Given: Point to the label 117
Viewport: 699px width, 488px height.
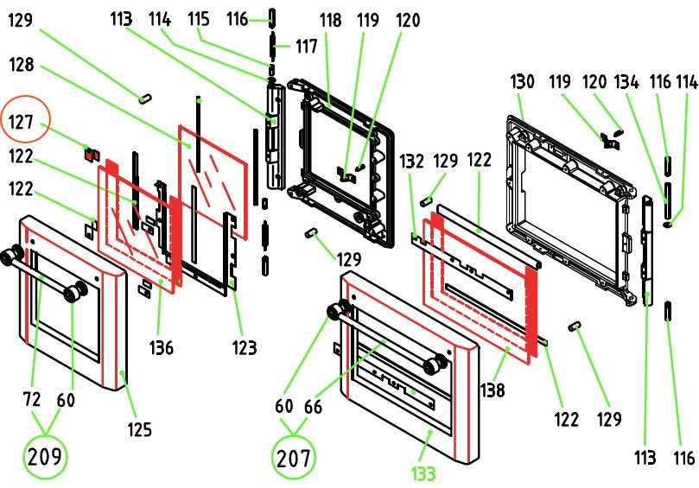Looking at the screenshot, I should tap(307, 45).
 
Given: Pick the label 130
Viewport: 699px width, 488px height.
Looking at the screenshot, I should tap(523, 82).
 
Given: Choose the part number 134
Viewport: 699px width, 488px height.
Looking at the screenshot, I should tap(626, 82).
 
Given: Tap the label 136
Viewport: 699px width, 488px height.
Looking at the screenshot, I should tap(162, 348).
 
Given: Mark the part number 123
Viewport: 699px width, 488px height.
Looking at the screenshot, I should tap(244, 348).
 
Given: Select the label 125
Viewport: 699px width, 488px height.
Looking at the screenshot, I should tap(140, 428).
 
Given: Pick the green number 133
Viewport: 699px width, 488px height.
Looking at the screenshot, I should tap(423, 472).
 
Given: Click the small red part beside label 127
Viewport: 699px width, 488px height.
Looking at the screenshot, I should tap(88, 154).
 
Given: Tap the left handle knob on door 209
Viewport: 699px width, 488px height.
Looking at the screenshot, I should tap(11, 256).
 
